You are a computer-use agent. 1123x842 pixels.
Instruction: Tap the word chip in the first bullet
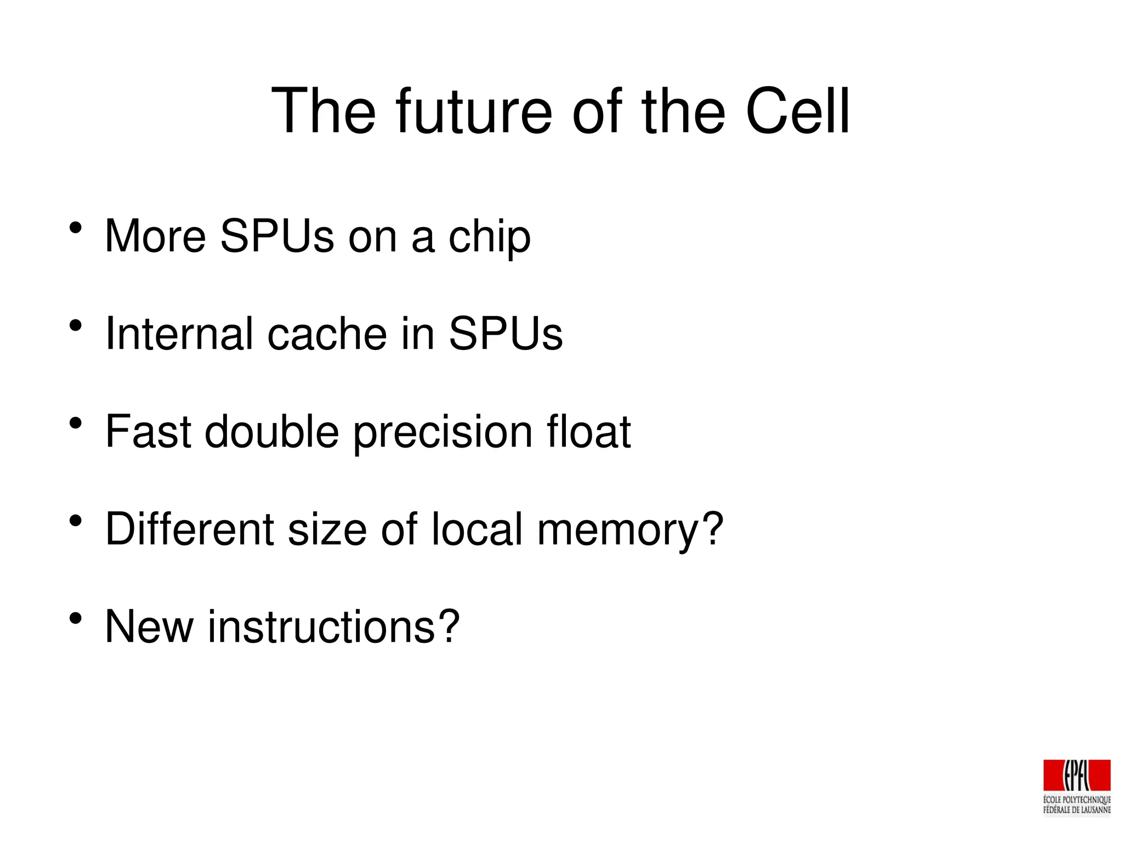pos(489,237)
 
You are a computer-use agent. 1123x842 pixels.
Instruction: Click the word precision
pos(442,432)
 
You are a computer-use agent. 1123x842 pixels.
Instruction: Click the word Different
pos(189,529)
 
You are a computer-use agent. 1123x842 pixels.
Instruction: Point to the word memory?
pos(630,530)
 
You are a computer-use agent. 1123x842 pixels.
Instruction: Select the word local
pos(477,529)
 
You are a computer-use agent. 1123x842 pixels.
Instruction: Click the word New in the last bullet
pos(149,626)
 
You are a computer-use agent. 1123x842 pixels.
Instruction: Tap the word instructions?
pos(333,626)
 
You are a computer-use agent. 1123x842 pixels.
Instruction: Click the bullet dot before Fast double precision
pos(76,423)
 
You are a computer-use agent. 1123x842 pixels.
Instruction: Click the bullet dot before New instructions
pos(76,619)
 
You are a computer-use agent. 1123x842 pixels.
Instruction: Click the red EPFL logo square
pos(1076,775)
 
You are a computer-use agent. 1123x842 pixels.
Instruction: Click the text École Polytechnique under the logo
pos(1076,800)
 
